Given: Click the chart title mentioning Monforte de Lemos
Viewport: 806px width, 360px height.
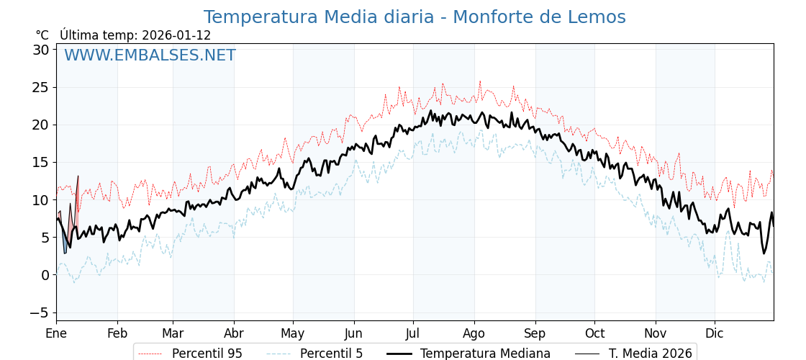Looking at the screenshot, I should (415, 17).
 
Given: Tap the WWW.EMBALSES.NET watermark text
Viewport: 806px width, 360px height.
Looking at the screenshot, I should (150, 55).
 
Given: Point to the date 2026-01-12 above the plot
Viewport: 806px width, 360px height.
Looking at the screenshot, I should (176, 35).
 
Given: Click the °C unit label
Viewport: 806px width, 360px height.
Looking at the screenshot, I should (42, 35).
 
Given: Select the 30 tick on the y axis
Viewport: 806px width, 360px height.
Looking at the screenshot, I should (40, 50).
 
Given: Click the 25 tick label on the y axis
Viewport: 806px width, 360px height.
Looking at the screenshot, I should (40, 87).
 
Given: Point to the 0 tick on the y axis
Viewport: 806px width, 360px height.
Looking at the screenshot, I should (45, 274).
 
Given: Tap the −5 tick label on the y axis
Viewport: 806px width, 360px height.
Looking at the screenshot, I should (39, 312).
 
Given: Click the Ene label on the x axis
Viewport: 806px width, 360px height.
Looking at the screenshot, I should (56, 333).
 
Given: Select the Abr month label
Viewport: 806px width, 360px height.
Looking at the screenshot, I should (233, 333).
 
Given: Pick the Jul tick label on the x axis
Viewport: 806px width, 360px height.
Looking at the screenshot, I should (413, 333).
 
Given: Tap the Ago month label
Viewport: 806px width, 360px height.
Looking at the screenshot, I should (474, 333).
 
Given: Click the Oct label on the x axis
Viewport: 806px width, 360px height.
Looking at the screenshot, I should (594, 333).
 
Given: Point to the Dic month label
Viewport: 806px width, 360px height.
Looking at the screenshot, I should (715, 333).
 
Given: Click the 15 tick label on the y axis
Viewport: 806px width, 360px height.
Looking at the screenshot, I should (40, 162).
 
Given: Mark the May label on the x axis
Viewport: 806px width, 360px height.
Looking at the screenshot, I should (293, 333).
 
